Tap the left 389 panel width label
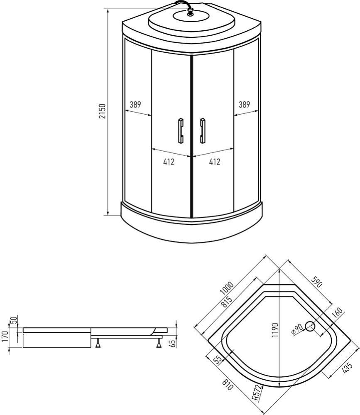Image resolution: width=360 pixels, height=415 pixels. [135, 105]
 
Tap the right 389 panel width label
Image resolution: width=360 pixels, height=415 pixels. [244, 105]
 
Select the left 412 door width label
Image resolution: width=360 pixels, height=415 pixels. [169, 162]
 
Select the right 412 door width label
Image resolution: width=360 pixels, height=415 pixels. [214, 162]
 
